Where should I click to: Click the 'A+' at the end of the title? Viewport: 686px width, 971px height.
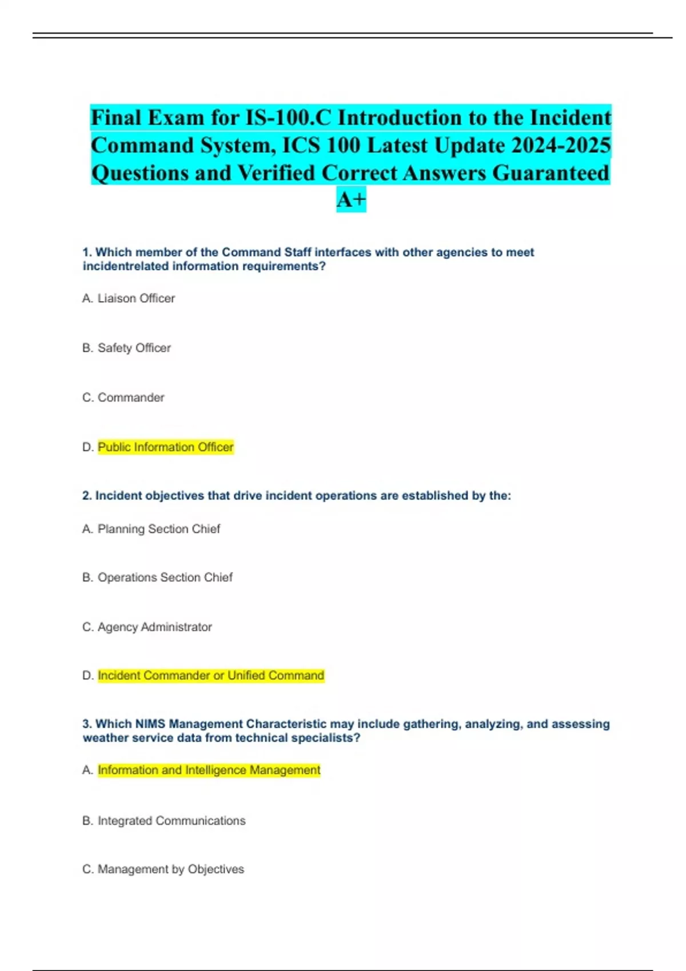coord(351,200)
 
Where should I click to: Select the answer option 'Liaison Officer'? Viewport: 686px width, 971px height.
coord(136,298)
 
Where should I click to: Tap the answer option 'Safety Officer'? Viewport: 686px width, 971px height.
coord(134,348)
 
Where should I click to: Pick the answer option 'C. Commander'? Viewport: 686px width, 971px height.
coord(123,398)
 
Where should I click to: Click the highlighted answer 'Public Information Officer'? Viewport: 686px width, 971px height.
coord(166,447)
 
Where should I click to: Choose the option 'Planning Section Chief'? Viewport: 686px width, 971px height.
coord(158,529)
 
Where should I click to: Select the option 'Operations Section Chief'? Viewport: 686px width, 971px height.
coord(165,577)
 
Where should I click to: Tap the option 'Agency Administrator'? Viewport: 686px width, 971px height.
coord(154,627)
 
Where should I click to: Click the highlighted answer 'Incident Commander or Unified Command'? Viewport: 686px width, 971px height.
coord(211,676)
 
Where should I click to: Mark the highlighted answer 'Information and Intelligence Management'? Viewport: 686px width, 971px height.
coord(209,771)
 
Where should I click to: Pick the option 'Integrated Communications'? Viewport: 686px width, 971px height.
coord(171,821)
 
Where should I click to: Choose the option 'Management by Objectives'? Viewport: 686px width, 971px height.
coord(170,869)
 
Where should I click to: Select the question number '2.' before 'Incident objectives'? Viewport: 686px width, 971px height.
coord(87,496)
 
